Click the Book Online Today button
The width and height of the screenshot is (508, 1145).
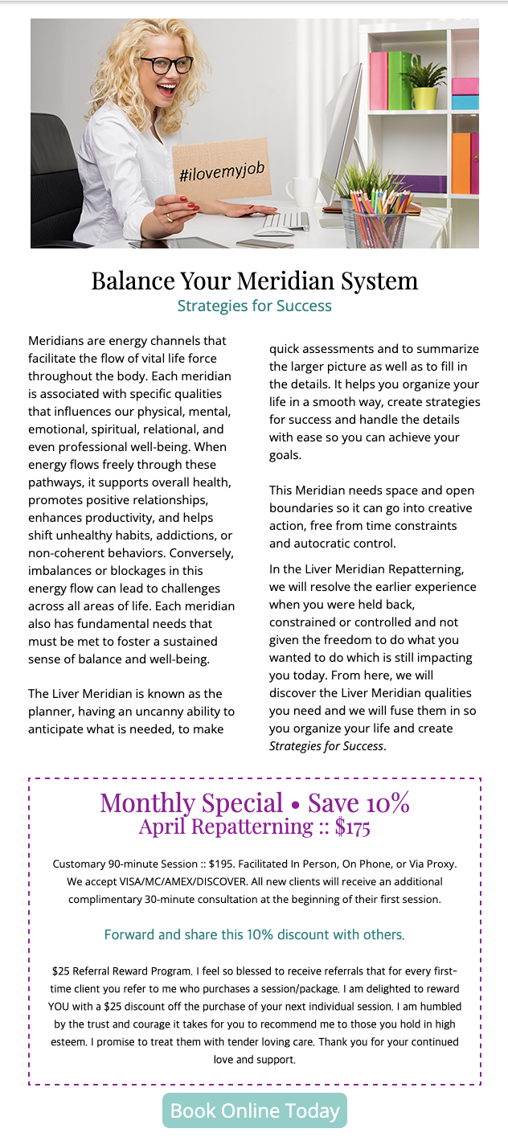point(255,1110)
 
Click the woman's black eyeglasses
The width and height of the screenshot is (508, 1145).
point(166,64)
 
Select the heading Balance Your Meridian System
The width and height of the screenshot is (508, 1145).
point(254,281)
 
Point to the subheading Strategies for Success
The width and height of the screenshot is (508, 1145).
point(254,306)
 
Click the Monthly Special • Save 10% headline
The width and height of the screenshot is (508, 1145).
point(255,802)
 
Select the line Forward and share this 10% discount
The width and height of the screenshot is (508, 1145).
point(254,934)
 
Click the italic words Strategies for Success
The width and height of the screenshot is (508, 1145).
point(326,745)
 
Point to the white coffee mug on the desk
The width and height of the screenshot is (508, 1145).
point(301,194)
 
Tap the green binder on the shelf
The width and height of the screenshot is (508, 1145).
point(399,80)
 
